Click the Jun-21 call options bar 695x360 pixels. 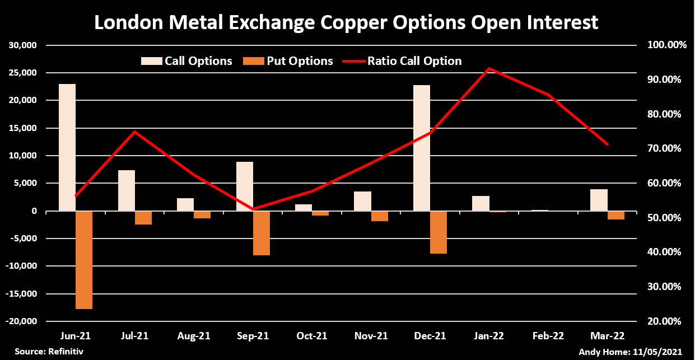pos(67,147)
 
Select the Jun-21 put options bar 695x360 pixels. pos(84,260)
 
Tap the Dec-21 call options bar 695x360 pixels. pos(422,148)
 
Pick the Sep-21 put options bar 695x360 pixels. pos(262,233)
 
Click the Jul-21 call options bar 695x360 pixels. pos(127,190)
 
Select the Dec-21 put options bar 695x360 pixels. pos(439,232)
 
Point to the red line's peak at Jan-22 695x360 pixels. pos(489,69)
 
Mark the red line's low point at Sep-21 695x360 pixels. pos(253,209)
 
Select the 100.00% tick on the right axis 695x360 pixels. pos(662,45)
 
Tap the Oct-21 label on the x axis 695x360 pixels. pos(312,336)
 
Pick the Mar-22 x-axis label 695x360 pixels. pos(608,336)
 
